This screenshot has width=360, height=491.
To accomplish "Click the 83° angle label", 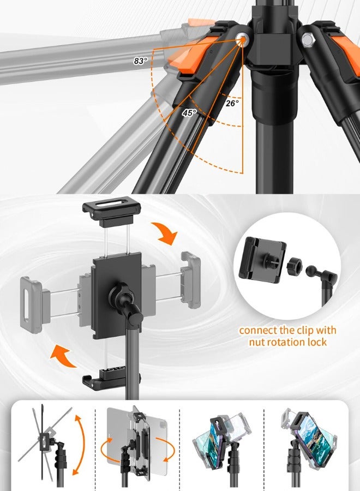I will click(x=140, y=61).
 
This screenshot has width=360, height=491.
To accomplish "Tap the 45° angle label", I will click(x=189, y=113).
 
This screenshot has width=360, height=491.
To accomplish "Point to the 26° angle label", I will click(x=232, y=103).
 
